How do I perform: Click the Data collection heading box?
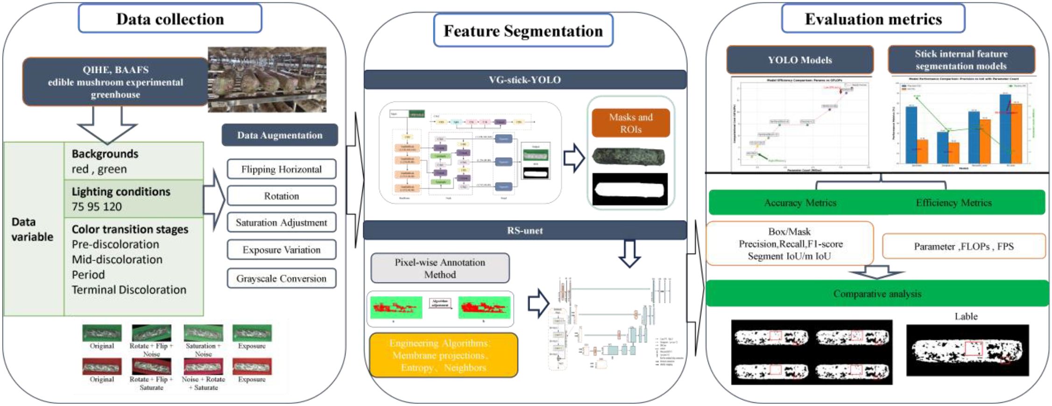pos(170,19)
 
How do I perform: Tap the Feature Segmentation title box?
pos(523,31)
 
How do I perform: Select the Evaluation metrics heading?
pos(873,19)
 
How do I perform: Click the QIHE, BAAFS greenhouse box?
pos(115,82)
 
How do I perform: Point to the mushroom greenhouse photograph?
pos(267,79)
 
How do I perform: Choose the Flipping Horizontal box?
pos(282,169)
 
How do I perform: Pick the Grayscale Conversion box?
pos(282,278)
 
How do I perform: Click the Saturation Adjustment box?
pos(282,222)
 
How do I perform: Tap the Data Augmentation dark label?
pos(280,135)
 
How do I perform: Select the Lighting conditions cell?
pos(134,199)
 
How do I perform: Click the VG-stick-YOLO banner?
pos(525,80)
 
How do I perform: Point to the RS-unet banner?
pos(525,230)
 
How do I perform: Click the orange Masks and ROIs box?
pos(631,123)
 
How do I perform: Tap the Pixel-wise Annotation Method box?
pos(440,268)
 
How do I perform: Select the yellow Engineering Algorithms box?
pos(443,355)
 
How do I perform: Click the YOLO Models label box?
pos(800,60)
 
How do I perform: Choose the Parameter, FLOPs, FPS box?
pos(964,246)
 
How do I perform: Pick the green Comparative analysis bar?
pos(877,293)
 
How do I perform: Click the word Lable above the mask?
pos(966,316)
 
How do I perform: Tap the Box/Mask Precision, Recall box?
pos(790,243)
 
